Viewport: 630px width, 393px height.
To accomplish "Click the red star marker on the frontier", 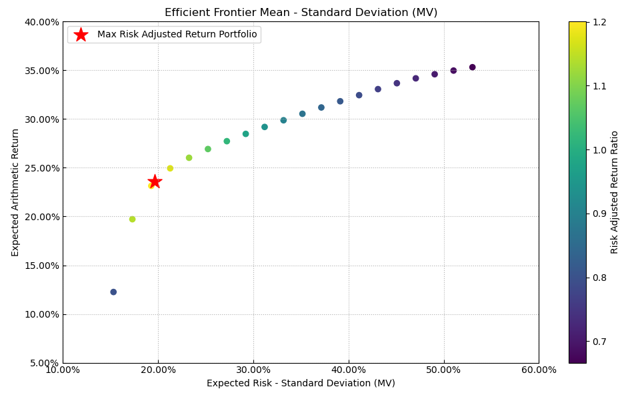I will (x=155, y=181).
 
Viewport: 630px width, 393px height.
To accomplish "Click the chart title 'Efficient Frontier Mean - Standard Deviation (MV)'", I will (x=301, y=12).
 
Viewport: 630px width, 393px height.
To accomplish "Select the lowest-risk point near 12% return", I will (x=113, y=292).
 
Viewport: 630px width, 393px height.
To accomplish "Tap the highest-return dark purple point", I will (x=472, y=67).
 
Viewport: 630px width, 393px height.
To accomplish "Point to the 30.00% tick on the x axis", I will (x=253, y=370).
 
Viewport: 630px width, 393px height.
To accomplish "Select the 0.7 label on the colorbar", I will (x=600, y=342).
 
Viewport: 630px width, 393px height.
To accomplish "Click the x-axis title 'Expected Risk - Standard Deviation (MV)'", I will (x=301, y=384).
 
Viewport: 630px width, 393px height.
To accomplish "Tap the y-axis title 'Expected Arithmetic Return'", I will (x=16, y=192).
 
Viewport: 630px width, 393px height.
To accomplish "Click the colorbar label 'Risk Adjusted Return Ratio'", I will (x=615, y=192).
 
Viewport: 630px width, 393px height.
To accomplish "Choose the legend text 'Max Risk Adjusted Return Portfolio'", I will (x=177, y=35).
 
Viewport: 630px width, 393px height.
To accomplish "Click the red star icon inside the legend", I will (x=81, y=35).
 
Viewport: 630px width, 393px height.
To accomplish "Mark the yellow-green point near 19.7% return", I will (x=132, y=220).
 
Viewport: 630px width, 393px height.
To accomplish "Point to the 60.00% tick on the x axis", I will (x=539, y=370).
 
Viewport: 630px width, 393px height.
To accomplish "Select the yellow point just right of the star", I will (x=170, y=169).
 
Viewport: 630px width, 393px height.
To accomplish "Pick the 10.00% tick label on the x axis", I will (x=63, y=370).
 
